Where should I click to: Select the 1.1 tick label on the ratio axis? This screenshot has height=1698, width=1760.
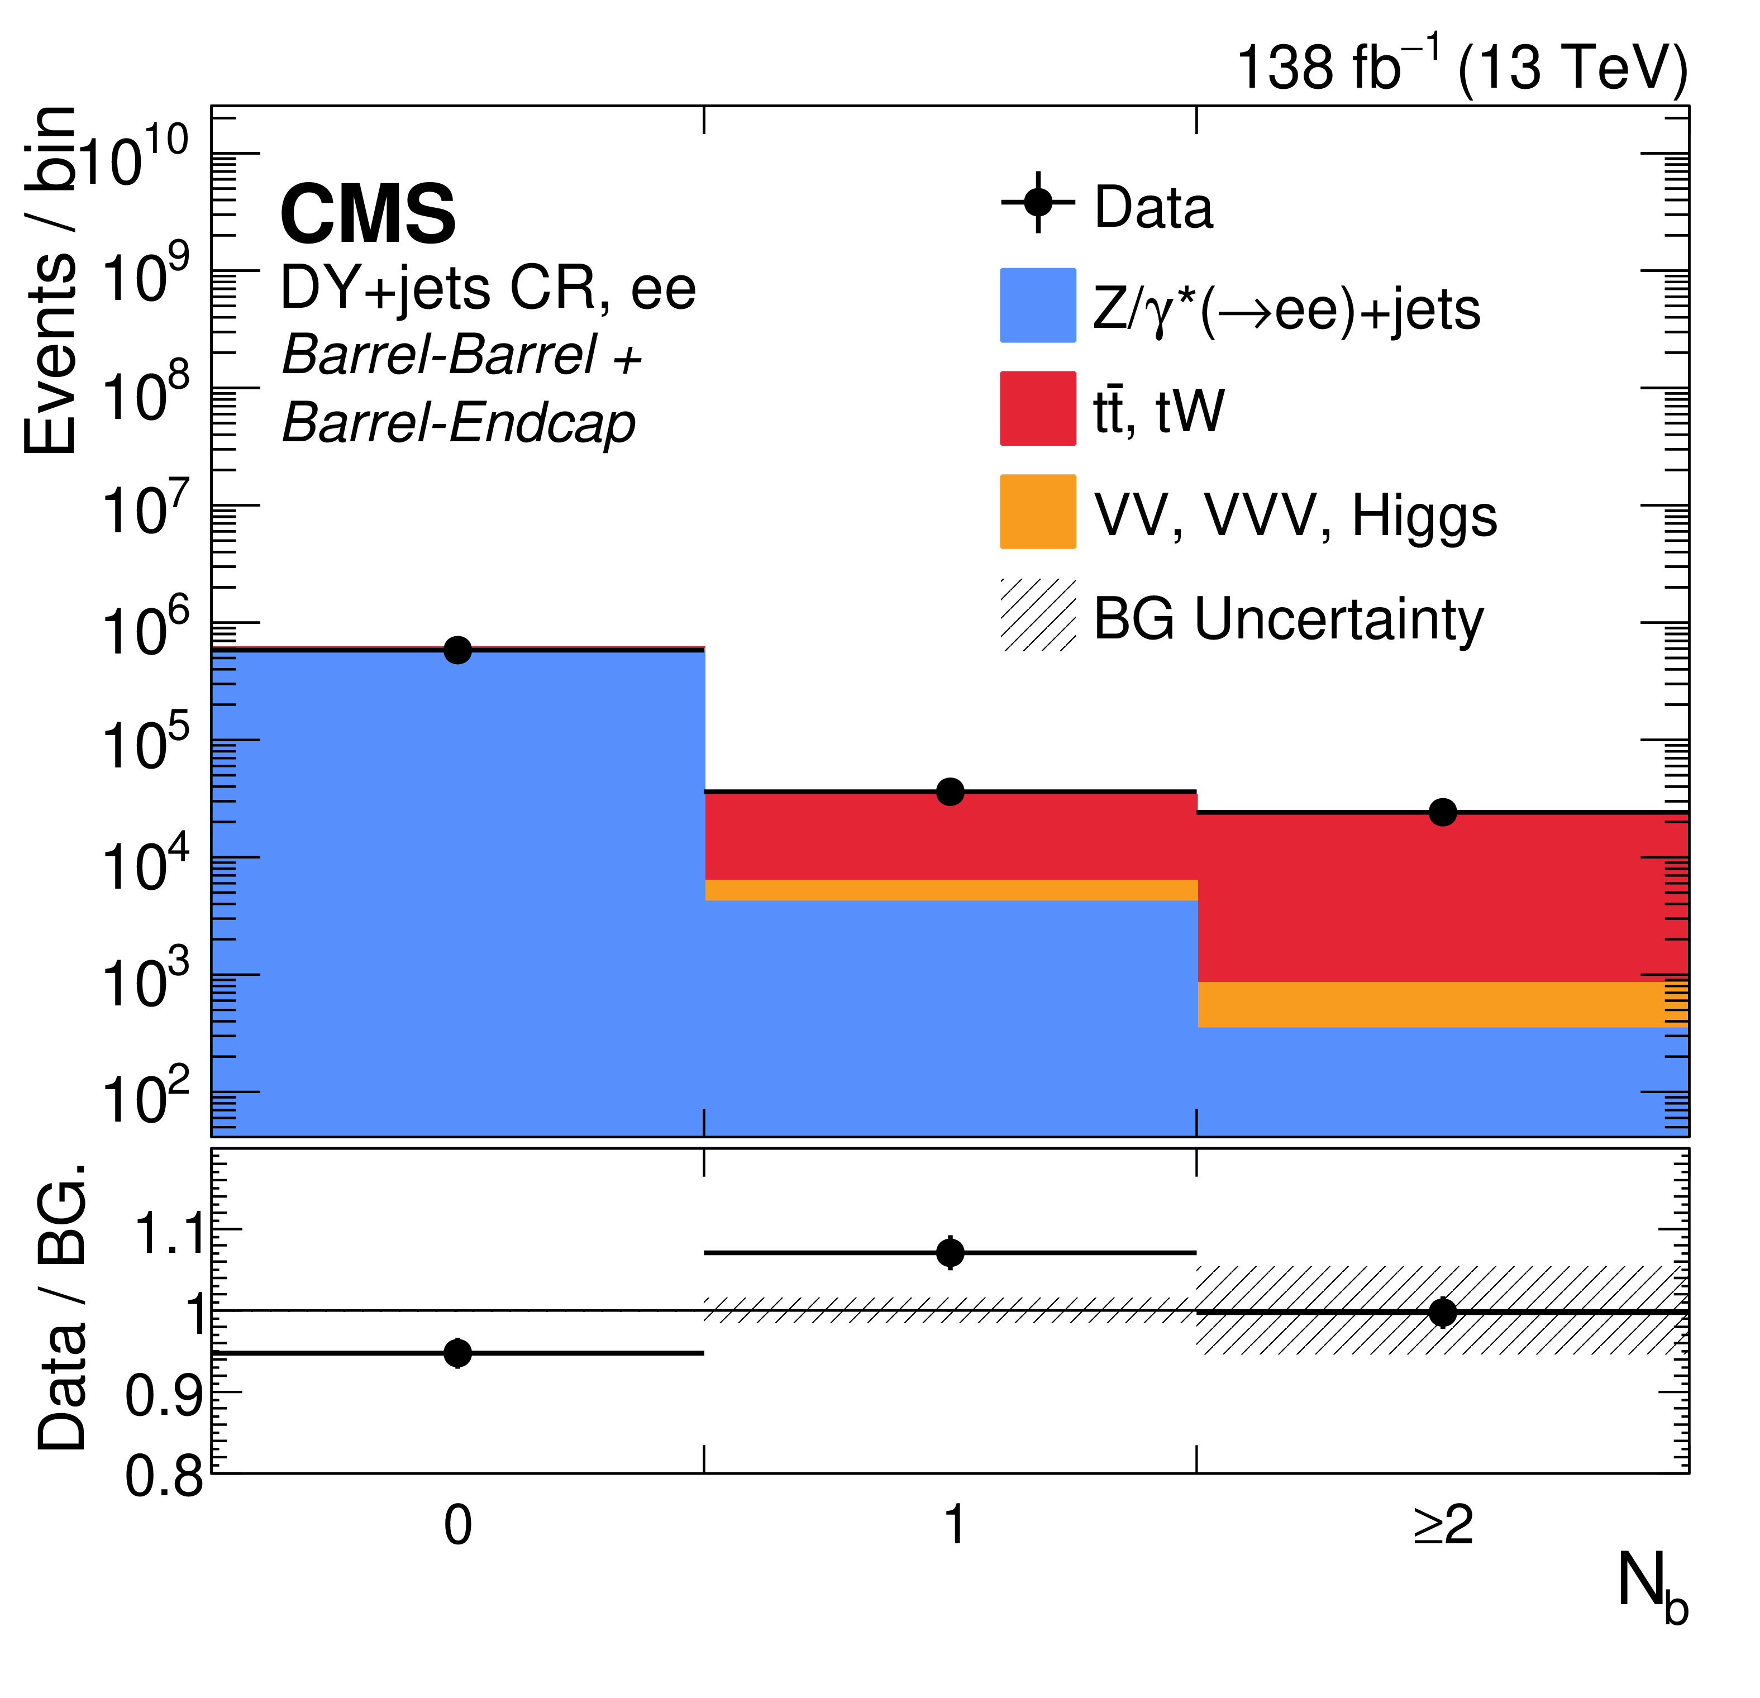click(169, 1232)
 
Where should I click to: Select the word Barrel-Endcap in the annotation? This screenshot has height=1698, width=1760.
click(459, 422)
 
